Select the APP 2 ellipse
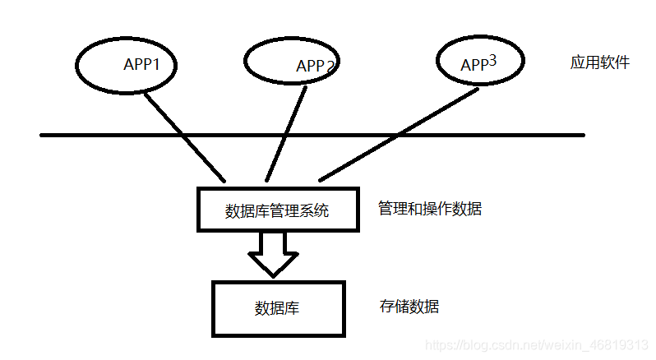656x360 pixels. pyautogui.click(x=292, y=62)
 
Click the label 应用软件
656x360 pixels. pyautogui.click(x=600, y=62)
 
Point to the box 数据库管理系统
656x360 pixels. pyautogui.click(x=278, y=210)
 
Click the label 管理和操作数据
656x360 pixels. pyautogui.click(x=429, y=208)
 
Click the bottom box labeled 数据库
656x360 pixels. pyautogui.click(x=277, y=308)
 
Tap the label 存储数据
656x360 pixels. pyautogui.click(x=409, y=307)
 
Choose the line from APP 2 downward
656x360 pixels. pyautogui.click(x=285, y=132)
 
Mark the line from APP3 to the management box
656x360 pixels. pyautogui.click(x=399, y=134)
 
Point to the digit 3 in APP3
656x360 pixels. pyautogui.click(x=493, y=59)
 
